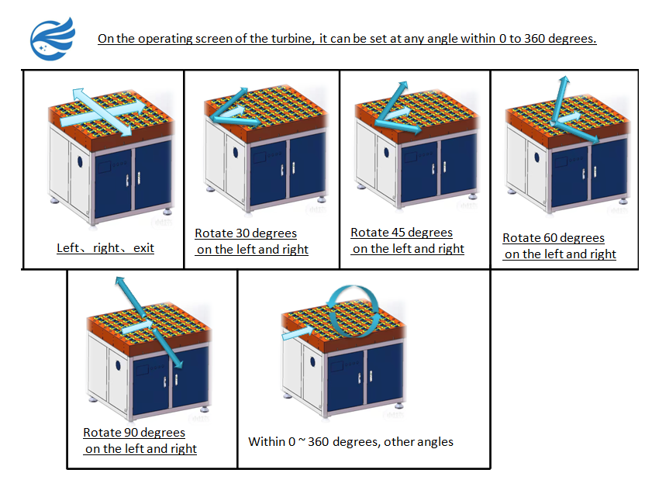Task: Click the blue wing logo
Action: pos(53,38)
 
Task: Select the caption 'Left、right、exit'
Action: pos(105,248)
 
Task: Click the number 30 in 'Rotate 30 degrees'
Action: pos(239,233)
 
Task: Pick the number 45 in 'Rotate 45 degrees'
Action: pos(395,233)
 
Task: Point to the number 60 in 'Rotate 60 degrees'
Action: pos(547,238)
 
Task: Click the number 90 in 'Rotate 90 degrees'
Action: pos(127,433)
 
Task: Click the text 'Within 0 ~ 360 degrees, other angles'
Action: pos(350,442)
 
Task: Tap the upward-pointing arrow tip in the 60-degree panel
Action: pos(564,79)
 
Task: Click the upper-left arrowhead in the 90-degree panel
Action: pos(119,281)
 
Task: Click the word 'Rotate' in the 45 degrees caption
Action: pos(369,233)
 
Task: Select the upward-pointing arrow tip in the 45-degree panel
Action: pos(402,85)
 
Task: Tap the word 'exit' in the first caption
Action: pos(142,248)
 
